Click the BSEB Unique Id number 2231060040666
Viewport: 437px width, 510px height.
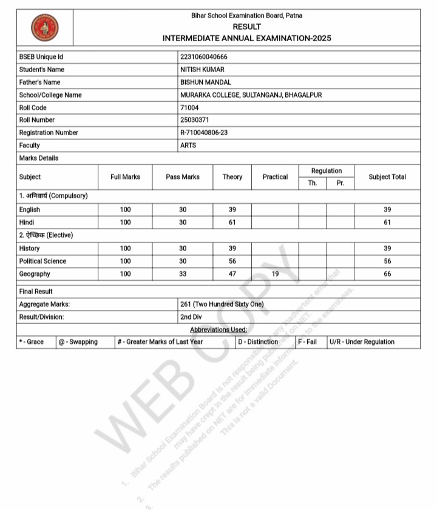204,57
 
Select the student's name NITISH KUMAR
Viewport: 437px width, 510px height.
202,70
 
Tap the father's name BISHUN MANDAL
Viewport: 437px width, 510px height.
206,82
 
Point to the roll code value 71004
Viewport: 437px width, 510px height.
189,107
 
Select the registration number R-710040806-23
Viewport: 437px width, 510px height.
204,133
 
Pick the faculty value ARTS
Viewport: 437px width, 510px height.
188,146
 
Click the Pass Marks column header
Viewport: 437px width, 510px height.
183,177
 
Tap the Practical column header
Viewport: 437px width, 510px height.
275,177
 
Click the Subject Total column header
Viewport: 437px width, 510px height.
387,177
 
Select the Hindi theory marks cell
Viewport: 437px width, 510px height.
232,223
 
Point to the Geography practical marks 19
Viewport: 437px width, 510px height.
275,274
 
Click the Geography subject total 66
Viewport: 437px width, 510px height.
387,274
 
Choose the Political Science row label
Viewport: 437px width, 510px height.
42,261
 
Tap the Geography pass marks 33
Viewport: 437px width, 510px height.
183,274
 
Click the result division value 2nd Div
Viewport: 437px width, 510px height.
192,317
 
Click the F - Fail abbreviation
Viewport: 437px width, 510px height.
307,342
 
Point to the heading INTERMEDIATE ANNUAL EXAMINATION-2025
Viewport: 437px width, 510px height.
246,38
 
